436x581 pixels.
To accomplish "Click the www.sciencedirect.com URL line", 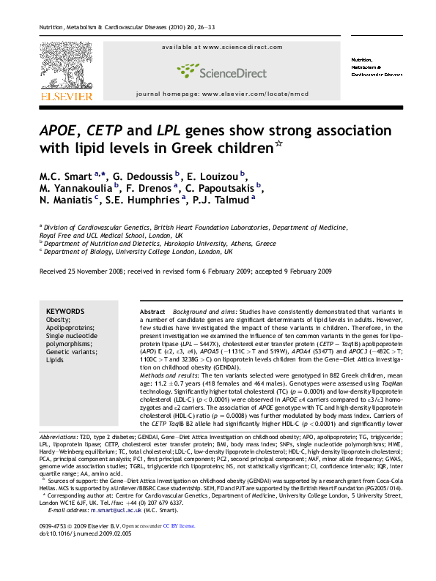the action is click(x=218, y=46).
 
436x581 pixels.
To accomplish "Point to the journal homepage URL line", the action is click(x=217, y=95).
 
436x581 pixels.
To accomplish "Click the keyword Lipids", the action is click(x=56, y=361).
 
